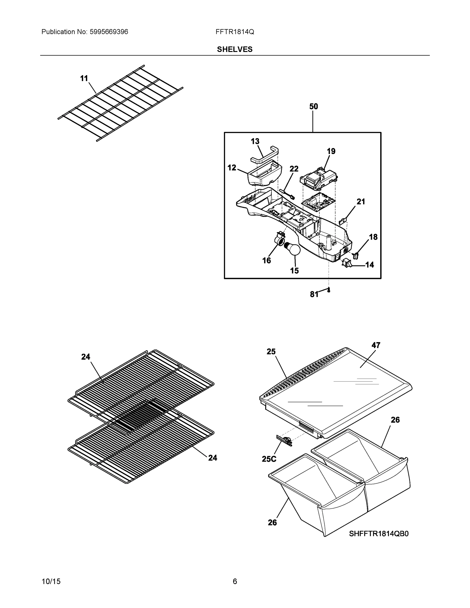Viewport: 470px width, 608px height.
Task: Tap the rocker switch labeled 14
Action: tap(347, 262)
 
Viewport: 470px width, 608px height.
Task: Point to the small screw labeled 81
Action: tap(329, 290)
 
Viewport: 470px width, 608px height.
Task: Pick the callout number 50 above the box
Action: tap(313, 107)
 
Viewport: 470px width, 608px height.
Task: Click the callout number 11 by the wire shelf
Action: tap(84, 79)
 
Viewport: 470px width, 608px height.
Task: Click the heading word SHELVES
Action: tap(235, 50)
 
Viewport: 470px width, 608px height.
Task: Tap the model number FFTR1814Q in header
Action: tap(234, 32)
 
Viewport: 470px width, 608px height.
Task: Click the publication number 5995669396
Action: tap(109, 32)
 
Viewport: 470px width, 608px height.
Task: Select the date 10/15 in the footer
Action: tap(51, 582)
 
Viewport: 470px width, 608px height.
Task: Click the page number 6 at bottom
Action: tap(235, 582)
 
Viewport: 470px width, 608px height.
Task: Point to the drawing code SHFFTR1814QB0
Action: tap(379, 534)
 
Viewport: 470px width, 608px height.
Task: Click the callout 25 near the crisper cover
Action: tap(271, 352)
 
